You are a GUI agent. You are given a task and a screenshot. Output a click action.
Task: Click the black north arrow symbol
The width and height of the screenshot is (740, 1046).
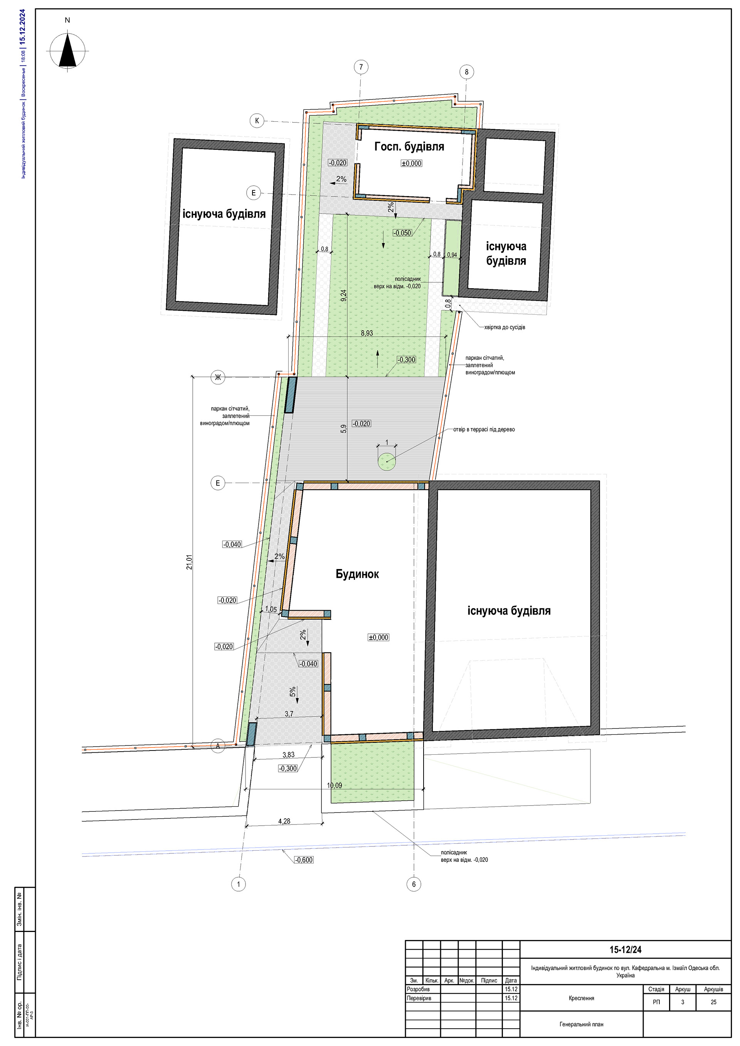pos(67,50)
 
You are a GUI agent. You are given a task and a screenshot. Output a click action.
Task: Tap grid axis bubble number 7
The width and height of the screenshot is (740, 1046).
pos(361,67)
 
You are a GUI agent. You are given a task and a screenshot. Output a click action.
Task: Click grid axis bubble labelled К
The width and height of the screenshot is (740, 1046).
pos(257,121)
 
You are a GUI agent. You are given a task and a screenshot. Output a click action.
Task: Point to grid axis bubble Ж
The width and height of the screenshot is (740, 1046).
pos(218,377)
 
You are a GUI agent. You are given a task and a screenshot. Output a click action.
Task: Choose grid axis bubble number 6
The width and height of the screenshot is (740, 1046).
pos(414,884)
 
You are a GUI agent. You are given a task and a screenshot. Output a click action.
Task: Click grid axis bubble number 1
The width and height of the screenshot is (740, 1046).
pos(238,884)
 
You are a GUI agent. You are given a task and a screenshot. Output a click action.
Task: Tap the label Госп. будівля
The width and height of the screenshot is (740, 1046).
pos(409,147)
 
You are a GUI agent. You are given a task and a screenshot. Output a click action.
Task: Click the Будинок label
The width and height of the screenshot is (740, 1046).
pos(357,574)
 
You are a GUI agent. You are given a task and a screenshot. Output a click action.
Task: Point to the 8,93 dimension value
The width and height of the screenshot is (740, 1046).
pos(367,333)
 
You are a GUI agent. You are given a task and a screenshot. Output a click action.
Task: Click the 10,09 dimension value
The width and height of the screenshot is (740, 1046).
pos(334,786)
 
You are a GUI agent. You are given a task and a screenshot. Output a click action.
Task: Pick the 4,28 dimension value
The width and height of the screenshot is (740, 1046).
pos(284,821)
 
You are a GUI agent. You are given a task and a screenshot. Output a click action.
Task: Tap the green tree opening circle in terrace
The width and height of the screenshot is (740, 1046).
pos(387,462)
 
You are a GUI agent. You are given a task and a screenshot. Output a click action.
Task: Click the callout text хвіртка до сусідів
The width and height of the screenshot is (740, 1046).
pos(505,327)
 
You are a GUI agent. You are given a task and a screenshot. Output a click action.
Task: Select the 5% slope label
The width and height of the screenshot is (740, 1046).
pos(293,692)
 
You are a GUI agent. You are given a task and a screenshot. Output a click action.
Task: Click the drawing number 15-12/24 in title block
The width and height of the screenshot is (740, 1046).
pos(625,949)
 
